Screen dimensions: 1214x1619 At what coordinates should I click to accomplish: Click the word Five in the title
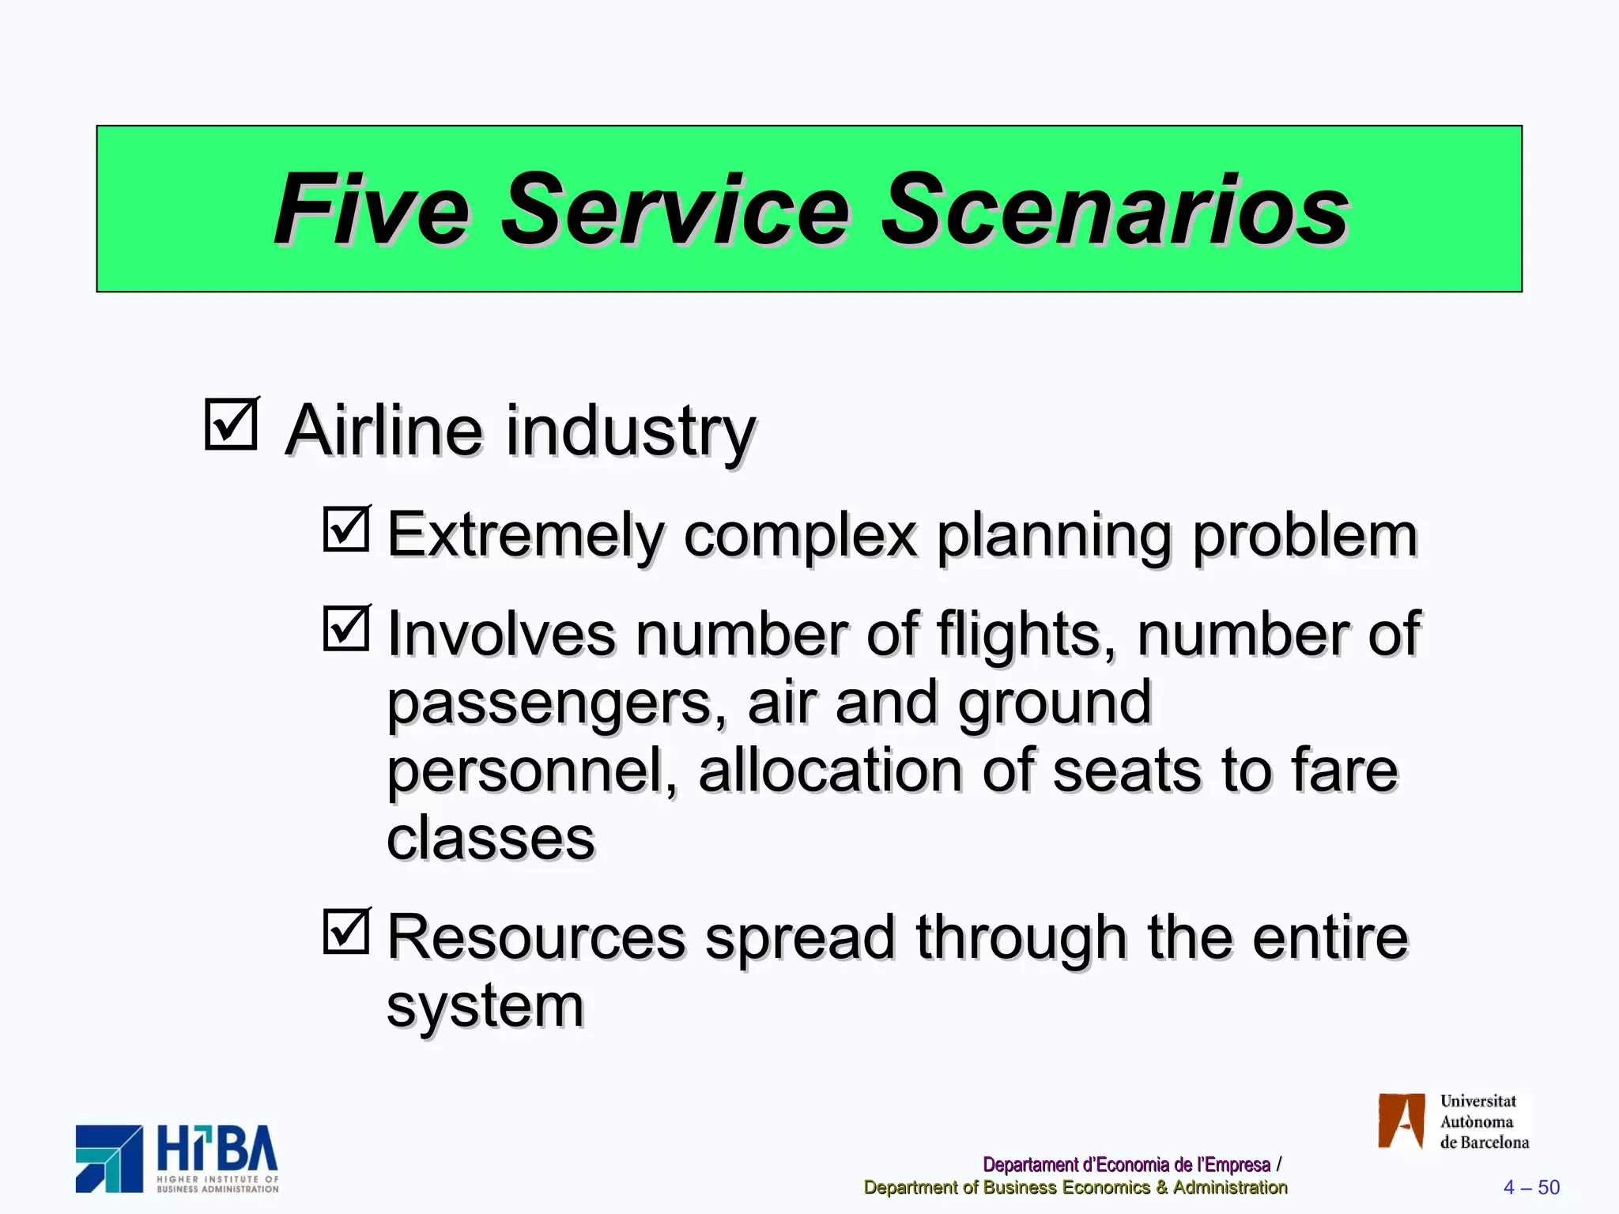click(x=372, y=210)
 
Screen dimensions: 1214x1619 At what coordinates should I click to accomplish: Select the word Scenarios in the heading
click(x=1115, y=210)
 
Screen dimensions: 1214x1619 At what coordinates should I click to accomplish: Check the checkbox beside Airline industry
click(x=231, y=424)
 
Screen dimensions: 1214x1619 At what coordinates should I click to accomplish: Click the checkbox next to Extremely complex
click(x=346, y=529)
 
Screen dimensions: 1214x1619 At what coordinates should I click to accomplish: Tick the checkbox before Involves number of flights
click(x=346, y=628)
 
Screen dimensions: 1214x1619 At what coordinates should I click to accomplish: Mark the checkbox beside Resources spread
click(x=346, y=931)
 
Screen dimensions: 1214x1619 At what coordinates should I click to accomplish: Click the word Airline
click(x=383, y=431)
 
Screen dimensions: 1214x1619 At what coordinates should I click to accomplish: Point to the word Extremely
click(x=525, y=536)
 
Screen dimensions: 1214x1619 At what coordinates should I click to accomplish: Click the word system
click(x=485, y=1006)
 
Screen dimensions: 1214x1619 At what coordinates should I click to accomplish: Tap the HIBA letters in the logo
click(x=217, y=1150)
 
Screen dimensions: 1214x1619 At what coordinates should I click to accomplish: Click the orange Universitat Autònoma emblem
click(x=1401, y=1121)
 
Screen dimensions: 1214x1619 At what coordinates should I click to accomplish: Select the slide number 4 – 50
click(x=1531, y=1187)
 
